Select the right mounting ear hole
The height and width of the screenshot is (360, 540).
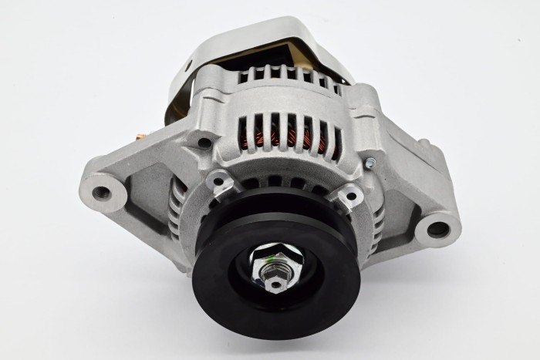point(437,228)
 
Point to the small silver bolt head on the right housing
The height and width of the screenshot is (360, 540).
point(370,162)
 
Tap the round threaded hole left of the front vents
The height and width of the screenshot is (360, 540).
point(204,143)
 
